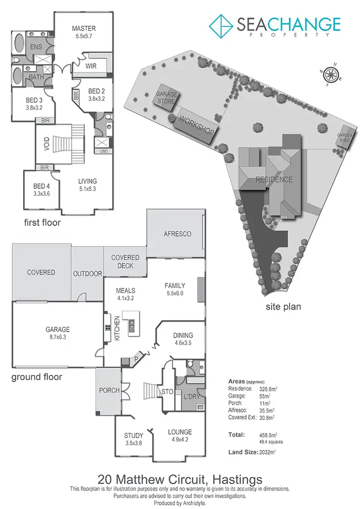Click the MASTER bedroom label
pos(84,28)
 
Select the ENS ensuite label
pos(36,47)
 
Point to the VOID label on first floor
pos(47,144)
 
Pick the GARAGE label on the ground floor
pos(58,329)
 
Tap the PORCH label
pos(109,390)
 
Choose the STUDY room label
pos(134,436)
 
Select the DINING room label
pos(183,336)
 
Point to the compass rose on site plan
pos(330,74)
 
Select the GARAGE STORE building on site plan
pos(166,97)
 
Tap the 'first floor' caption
pos(42,223)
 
